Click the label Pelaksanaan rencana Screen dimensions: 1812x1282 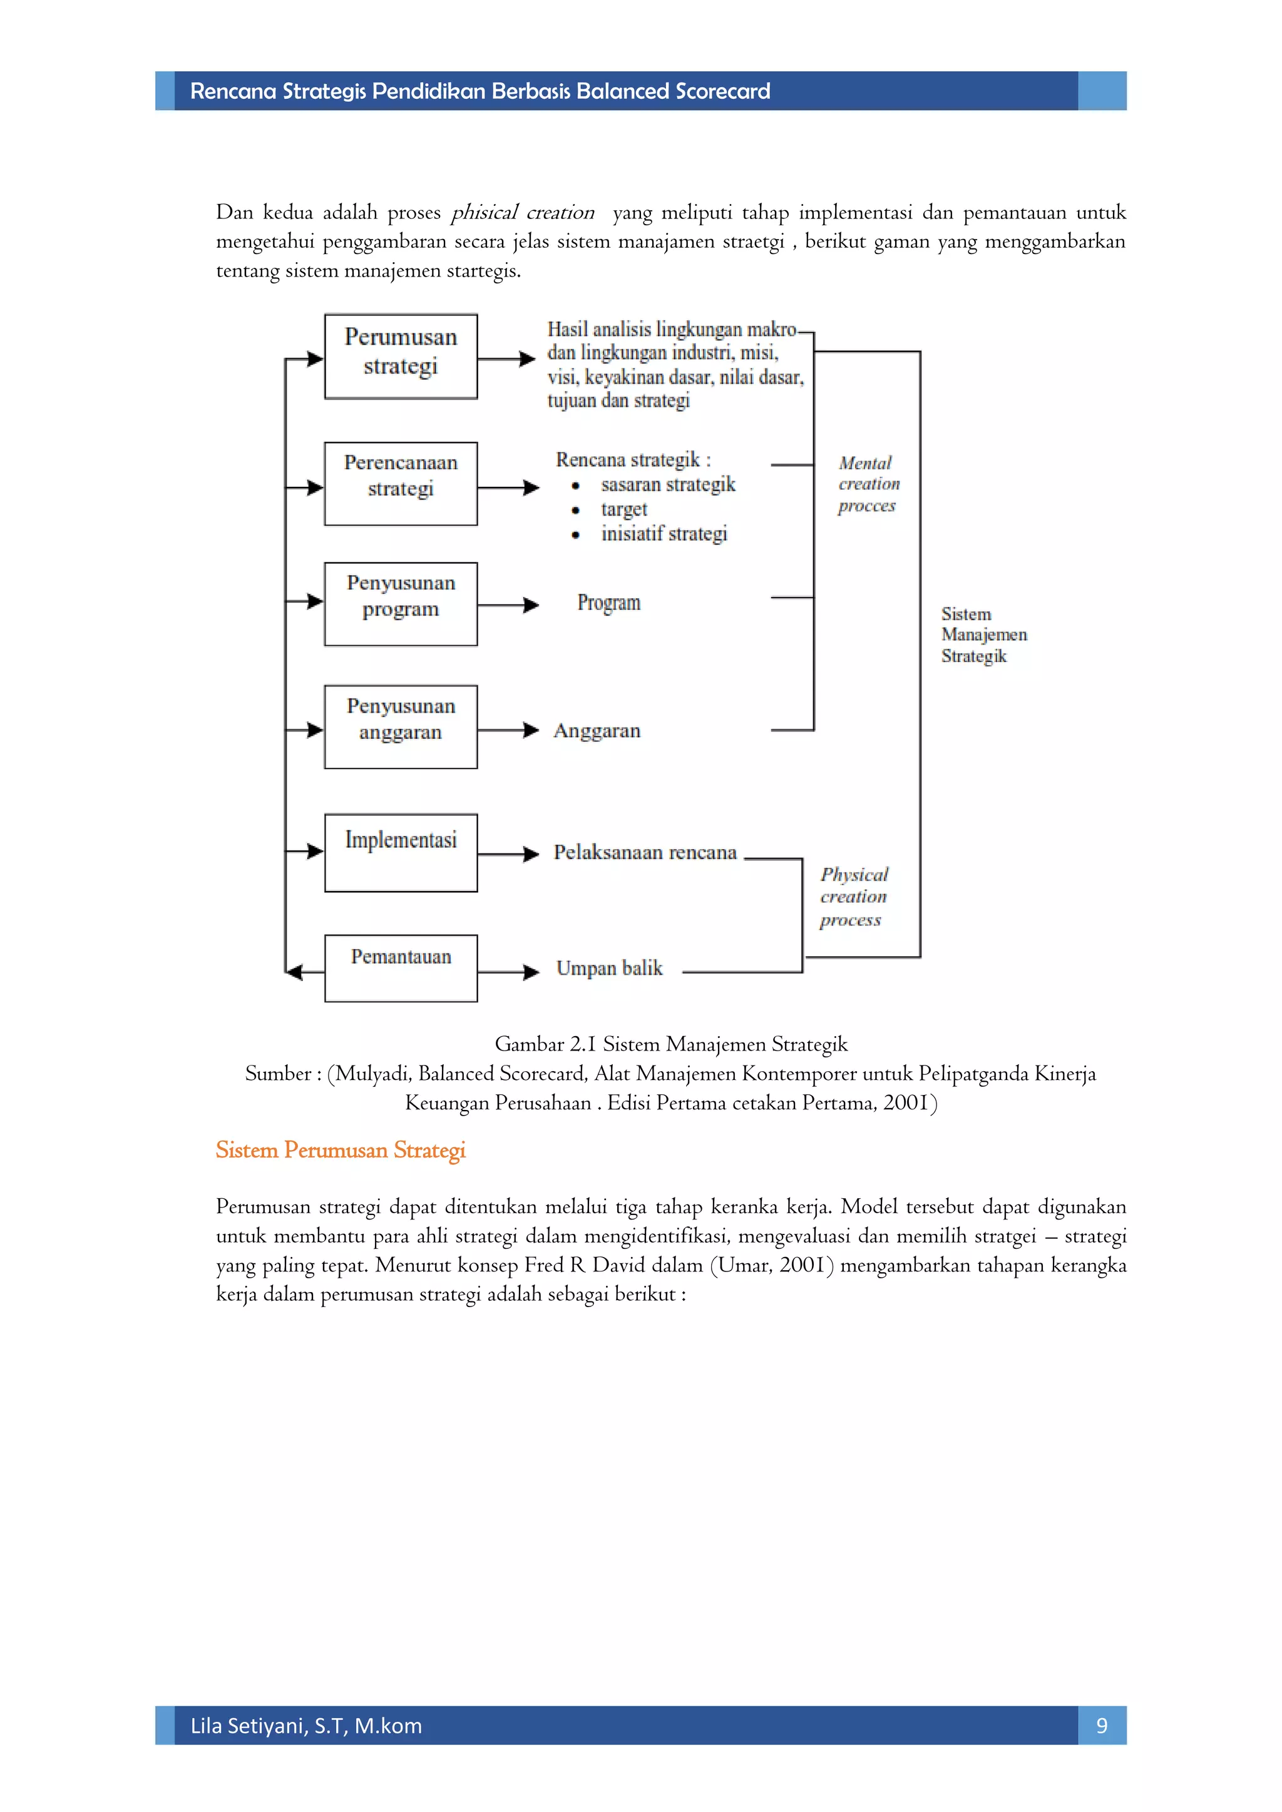pyautogui.click(x=644, y=852)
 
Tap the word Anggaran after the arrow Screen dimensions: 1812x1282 pyautogui.click(x=597, y=731)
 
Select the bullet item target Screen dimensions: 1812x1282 pyautogui.click(x=623, y=509)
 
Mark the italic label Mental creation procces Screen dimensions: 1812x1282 pyautogui.click(x=868, y=484)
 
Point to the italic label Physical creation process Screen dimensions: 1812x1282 pyautogui.click(x=853, y=897)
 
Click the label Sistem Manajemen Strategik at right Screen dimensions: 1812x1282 pyautogui.click(x=983, y=634)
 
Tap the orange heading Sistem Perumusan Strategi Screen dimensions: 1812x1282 pyautogui.click(x=341, y=1150)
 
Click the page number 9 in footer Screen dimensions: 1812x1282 pyautogui.click(x=1101, y=1726)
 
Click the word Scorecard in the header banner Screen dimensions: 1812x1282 pyautogui.click(x=722, y=91)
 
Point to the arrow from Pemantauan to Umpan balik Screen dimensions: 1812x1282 pyautogui.click(x=508, y=972)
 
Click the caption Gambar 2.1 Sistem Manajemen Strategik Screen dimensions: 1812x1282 pyautogui.click(x=670, y=1044)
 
